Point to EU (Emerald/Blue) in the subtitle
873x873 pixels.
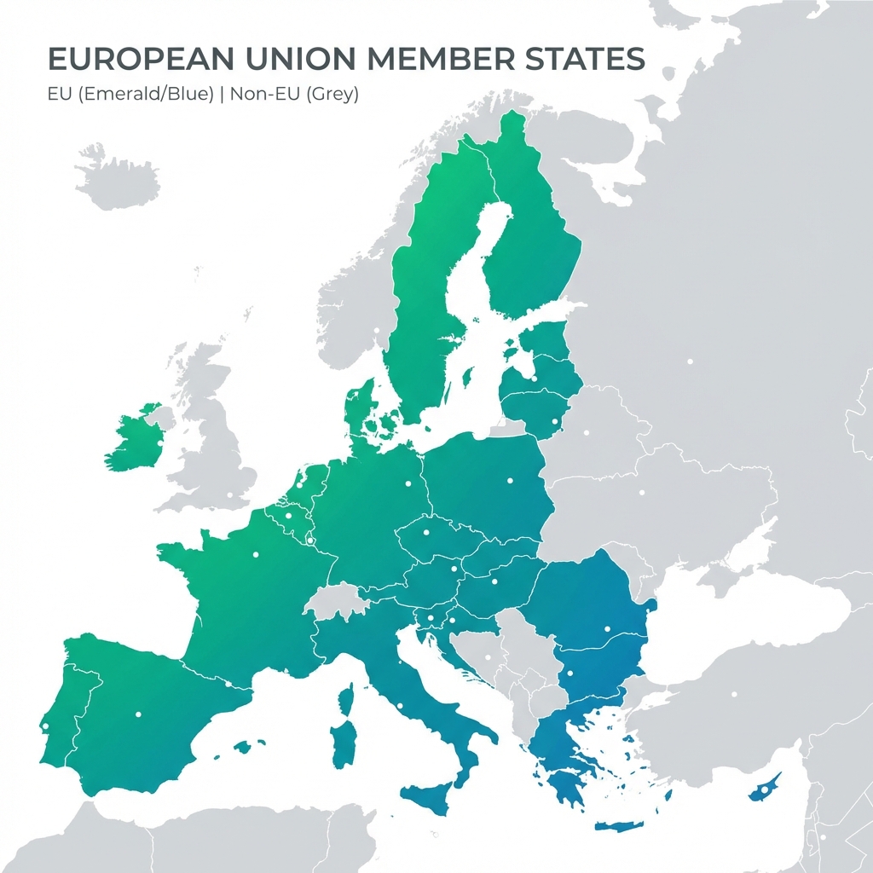tap(130, 94)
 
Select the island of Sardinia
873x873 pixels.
tap(344, 743)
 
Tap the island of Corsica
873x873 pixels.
tap(347, 699)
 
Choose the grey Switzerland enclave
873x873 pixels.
tap(336, 600)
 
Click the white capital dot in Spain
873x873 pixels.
tap(137, 714)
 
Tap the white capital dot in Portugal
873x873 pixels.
tap(45, 726)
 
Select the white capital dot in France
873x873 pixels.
tap(255, 555)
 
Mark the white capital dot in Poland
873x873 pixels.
tap(510, 480)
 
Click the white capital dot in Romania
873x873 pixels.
tap(607, 629)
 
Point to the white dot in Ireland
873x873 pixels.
tap(159, 442)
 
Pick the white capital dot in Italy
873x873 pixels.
tap(399, 705)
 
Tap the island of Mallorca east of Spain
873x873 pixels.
tap(243, 747)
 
